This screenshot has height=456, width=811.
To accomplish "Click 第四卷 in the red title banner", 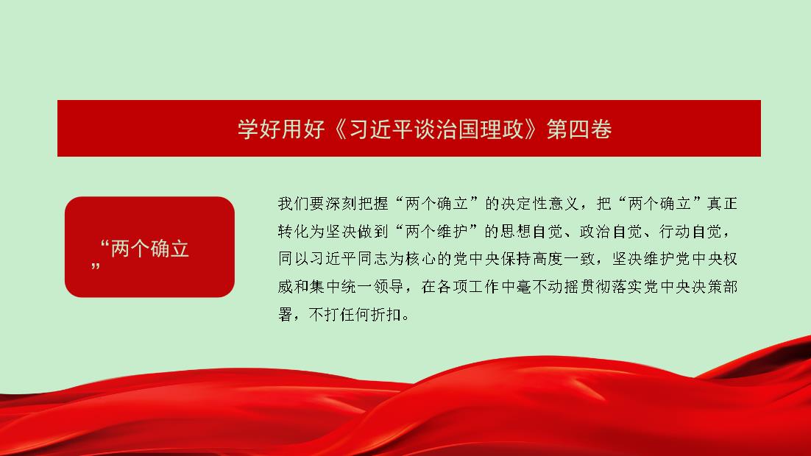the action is (x=579, y=129).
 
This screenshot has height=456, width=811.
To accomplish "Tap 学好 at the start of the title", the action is (x=259, y=129).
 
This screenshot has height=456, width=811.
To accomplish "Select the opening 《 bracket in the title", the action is (x=340, y=129).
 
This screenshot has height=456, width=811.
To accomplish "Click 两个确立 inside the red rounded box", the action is (x=149, y=249).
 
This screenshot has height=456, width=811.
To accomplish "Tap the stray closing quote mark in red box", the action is (x=95, y=267).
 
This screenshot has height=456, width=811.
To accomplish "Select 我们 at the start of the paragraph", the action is (x=293, y=204).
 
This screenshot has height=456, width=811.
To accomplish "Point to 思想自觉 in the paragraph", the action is (x=531, y=231).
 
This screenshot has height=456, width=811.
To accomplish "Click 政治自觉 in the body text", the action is (x=611, y=231).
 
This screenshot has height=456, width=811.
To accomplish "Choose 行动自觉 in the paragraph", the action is (x=690, y=231).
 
